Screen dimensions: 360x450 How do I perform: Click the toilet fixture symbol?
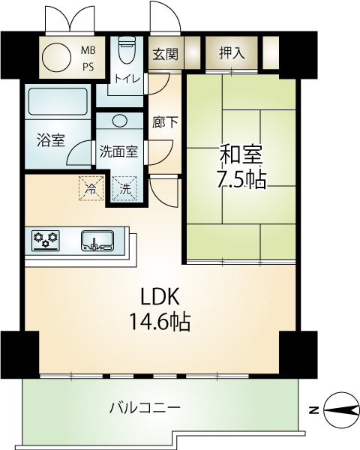click(x=127, y=49)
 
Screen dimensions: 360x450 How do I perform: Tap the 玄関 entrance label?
click(x=165, y=53)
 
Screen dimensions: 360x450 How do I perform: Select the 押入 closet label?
click(x=232, y=52)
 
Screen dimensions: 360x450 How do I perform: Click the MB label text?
click(x=88, y=50)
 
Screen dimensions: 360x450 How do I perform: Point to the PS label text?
click(x=88, y=67)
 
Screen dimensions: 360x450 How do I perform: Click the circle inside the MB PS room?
click(x=56, y=58)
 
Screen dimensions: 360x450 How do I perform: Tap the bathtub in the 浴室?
click(x=58, y=101)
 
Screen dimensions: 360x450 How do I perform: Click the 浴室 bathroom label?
click(x=51, y=139)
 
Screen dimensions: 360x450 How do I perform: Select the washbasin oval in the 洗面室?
click(x=119, y=120)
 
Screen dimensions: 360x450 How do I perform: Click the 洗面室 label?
click(x=119, y=151)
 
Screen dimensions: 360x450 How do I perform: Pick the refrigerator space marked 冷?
click(x=91, y=188)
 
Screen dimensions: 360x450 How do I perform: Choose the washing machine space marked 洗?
click(x=125, y=188)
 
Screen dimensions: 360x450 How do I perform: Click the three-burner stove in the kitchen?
click(x=46, y=241)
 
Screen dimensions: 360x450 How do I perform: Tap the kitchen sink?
click(x=97, y=241)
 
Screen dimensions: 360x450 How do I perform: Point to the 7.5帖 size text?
click(x=241, y=180)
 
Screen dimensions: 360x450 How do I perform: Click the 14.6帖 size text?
click(x=160, y=321)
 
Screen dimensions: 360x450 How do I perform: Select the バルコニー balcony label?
click(x=145, y=407)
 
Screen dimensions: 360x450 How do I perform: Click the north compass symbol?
click(x=341, y=409)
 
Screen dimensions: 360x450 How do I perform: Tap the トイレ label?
click(x=127, y=78)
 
